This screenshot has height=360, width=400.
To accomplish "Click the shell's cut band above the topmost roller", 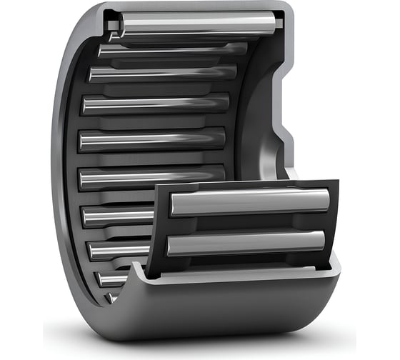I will coord(200,9).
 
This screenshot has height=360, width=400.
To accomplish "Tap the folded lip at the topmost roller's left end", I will coord(114,29).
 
